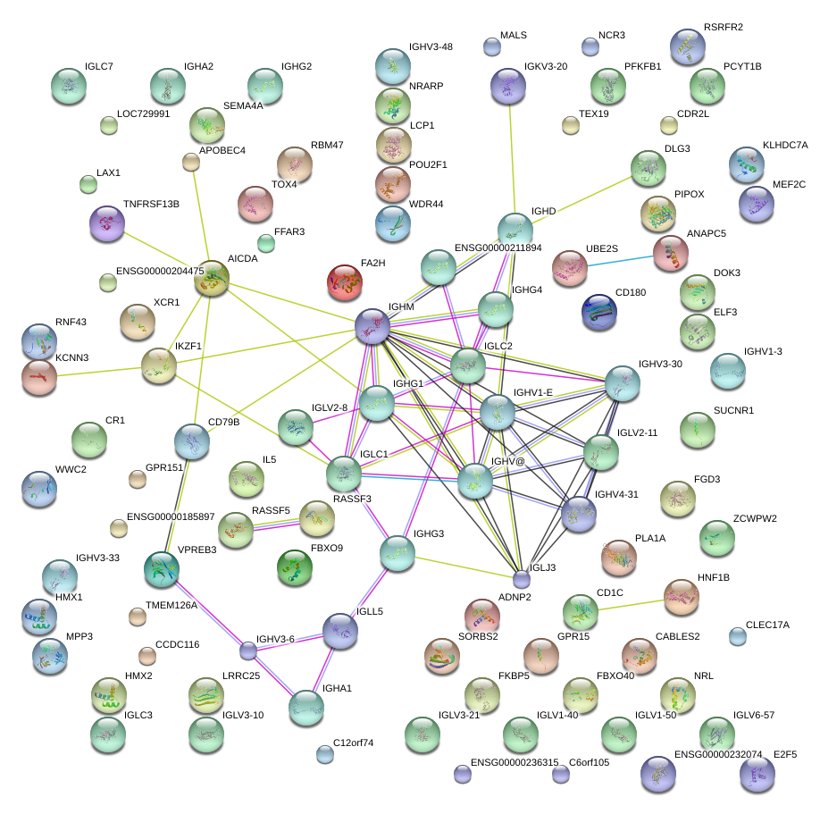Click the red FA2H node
point(346,281)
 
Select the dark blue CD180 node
point(598,309)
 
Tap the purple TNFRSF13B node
point(107,223)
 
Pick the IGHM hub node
point(372,326)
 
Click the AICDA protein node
point(212,279)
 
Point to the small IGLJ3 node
point(521,580)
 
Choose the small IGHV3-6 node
point(248,650)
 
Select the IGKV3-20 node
point(508,85)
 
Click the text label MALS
point(514,36)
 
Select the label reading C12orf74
point(352,743)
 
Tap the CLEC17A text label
point(767,625)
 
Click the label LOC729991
point(144,113)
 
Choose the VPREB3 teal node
point(162,566)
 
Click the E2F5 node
point(757,773)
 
